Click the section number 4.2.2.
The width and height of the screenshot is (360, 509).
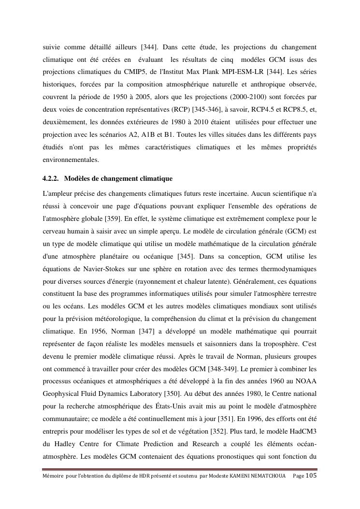[x=51, y=179]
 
